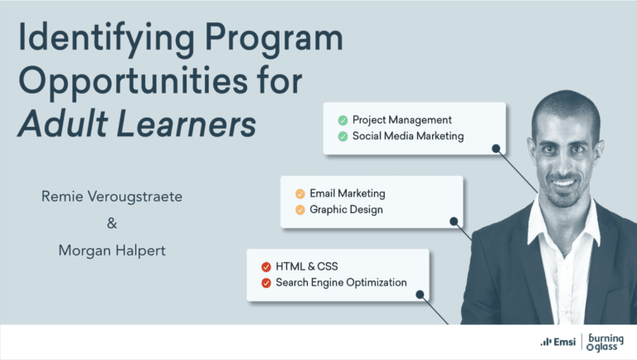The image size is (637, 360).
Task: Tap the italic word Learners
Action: pyautogui.click(x=187, y=124)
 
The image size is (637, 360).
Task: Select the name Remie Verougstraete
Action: pyautogui.click(x=112, y=197)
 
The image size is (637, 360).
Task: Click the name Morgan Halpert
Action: pyautogui.click(x=112, y=251)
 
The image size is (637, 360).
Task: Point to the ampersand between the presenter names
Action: pyautogui.click(x=112, y=223)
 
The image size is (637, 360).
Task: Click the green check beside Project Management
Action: pyautogui.click(x=343, y=120)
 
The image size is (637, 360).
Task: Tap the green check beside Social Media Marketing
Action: pyautogui.click(x=343, y=137)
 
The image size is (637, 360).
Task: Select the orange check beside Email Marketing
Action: pyautogui.click(x=300, y=194)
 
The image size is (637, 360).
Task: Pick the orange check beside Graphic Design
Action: pyautogui.click(x=300, y=210)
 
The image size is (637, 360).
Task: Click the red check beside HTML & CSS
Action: pyautogui.click(x=266, y=267)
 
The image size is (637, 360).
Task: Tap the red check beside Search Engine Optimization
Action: pyautogui.click(x=266, y=283)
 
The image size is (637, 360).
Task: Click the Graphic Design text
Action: pyautogui.click(x=346, y=210)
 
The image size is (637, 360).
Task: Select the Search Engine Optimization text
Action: pyautogui.click(x=341, y=282)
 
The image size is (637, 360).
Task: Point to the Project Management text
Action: pyautogui.click(x=401, y=120)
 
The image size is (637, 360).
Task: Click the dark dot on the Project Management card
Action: pyautogui.click(x=496, y=148)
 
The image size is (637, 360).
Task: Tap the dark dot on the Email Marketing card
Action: pyautogui.click(x=454, y=221)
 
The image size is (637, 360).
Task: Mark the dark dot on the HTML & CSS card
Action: pyautogui.click(x=420, y=294)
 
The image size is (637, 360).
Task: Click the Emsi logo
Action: pyautogui.click(x=557, y=342)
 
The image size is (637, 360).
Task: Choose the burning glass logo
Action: pyautogui.click(x=605, y=342)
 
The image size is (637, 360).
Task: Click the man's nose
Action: pyautogui.click(x=564, y=163)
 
